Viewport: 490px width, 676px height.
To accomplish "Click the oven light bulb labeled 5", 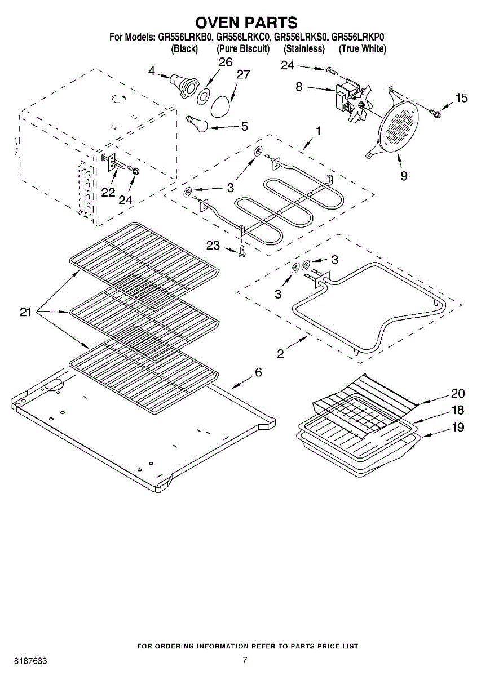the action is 197,123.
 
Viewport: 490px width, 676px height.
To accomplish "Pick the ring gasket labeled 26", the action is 204,96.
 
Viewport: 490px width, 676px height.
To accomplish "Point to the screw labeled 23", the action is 241,251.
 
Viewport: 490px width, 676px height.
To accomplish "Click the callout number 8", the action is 299,87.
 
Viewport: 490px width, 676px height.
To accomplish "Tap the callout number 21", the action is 26,312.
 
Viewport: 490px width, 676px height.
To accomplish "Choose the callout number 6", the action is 258,372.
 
